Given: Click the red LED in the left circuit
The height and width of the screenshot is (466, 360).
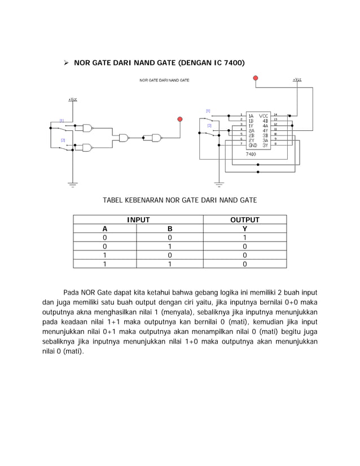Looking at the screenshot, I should click(180, 119).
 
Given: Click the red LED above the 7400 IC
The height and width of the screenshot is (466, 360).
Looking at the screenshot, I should click(256, 77).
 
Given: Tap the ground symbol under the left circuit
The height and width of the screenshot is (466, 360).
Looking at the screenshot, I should click(72, 183).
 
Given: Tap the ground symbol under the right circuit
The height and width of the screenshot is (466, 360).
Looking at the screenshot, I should click(219, 183).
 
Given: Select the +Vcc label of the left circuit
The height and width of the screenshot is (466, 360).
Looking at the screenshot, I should click(72, 99).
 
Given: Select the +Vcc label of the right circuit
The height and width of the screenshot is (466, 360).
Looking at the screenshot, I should click(297, 80).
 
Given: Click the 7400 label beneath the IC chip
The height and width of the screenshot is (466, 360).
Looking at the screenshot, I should click(251, 153).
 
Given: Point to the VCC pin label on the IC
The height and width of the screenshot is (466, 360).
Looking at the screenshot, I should click(264, 115).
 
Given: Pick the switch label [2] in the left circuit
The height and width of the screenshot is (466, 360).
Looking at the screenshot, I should click(63, 139).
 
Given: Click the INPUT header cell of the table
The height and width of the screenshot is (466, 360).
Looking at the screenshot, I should click(138, 220).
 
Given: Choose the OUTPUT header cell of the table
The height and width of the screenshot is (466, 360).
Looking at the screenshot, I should click(244, 220).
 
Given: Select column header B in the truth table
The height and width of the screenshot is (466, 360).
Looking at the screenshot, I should click(170, 229).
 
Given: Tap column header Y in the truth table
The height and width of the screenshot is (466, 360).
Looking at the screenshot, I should click(244, 229).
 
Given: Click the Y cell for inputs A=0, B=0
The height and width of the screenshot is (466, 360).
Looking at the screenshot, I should click(244, 238).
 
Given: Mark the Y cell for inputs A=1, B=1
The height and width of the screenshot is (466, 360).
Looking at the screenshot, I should click(244, 263).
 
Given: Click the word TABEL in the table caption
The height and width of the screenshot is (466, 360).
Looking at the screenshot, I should click(113, 200).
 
